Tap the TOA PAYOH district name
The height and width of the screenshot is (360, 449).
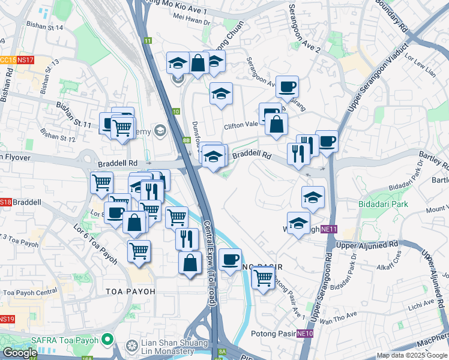(x=130, y=291)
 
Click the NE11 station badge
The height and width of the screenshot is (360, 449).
(x=328, y=229)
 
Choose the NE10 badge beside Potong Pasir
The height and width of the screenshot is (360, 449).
(x=305, y=334)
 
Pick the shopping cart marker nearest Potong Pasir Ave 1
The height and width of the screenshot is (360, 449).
(x=263, y=277)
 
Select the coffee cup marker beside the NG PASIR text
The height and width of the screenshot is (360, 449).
(x=230, y=259)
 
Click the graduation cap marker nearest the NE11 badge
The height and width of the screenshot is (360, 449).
(x=298, y=223)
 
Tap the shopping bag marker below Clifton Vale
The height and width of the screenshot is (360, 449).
(x=276, y=125)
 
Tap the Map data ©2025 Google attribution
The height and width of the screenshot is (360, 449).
(x=412, y=355)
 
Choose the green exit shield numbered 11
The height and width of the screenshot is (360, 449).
(x=148, y=41)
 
